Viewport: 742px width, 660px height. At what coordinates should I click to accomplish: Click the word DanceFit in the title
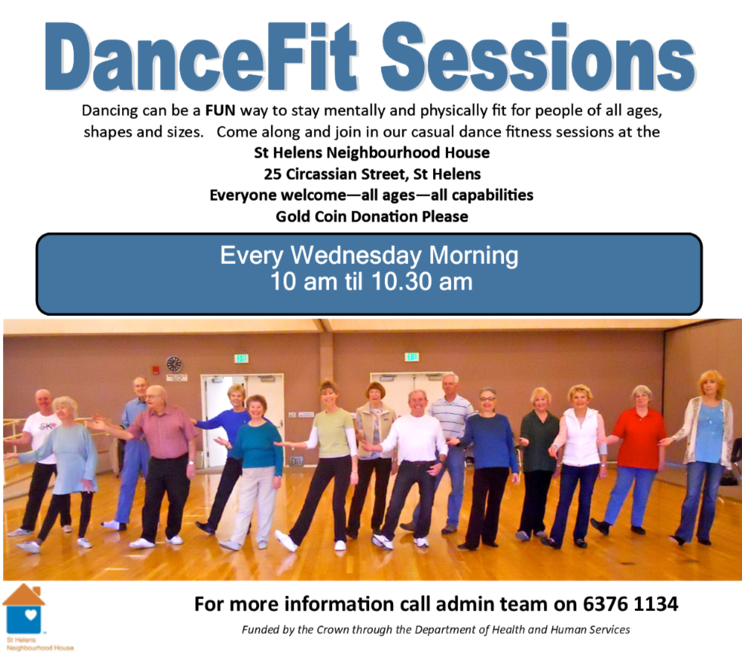[x=201, y=56]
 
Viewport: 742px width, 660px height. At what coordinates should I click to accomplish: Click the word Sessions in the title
[x=538, y=56]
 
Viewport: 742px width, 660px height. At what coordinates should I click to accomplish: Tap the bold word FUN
[x=220, y=111]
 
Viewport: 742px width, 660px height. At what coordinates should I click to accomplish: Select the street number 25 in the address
[x=272, y=175]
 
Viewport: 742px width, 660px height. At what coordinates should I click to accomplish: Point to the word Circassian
[x=322, y=175]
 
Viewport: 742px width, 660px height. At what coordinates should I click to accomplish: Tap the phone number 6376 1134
[x=630, y=604]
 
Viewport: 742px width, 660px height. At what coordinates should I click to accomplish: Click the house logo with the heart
[x=24, y=609]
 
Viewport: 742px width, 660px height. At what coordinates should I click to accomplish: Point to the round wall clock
[x=174, y=364]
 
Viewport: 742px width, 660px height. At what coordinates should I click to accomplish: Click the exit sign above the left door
[x=242, y=358]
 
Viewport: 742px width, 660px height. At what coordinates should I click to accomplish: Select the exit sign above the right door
[x=412, y=357]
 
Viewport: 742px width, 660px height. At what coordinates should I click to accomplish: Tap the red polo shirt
[x=639, y=439]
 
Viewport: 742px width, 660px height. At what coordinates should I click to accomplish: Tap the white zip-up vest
[x=581, y=437]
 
